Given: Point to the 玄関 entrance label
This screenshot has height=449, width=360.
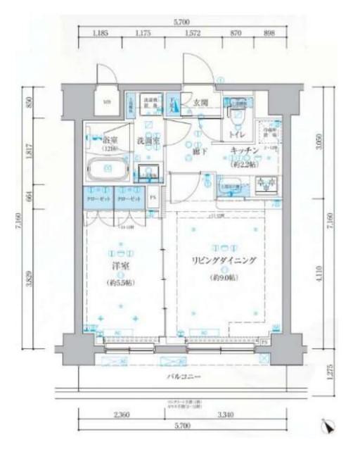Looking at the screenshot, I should pos(200,103).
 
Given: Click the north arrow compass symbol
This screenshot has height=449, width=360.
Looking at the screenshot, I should pos(328,426).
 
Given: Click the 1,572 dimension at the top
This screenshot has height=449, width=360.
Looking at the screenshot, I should pos(193,32).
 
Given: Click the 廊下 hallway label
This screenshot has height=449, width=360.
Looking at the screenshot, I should pos(200,151).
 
